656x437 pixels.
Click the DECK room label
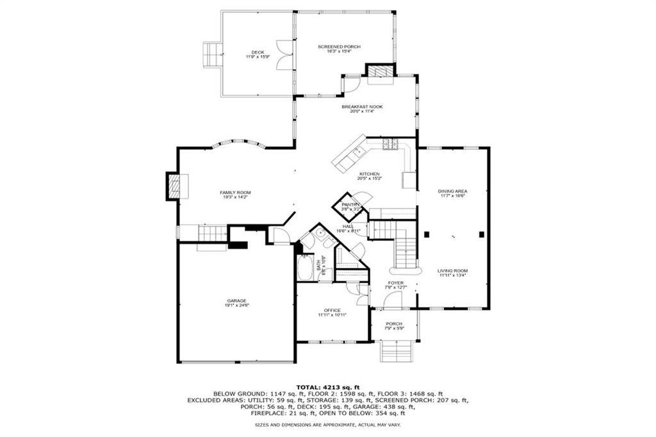coord(258,53)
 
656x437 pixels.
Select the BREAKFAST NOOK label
coord(362,106)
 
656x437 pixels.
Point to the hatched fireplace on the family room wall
coord(174,186)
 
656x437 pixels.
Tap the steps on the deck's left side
coord(211,54)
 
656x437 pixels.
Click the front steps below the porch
coord(395,352)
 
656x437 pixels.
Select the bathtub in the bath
coord(305,267)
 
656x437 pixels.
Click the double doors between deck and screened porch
coord(284,54)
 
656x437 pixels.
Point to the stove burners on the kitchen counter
coord(390,145)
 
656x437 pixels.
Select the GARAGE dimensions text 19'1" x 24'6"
coord(236,306)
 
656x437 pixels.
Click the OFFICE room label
coord(332,310)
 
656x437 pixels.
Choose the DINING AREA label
coord(452,191)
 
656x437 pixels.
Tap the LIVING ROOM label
coord(452,270)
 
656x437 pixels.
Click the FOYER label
coord(395,283)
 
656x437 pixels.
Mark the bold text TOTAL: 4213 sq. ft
coord(327,387)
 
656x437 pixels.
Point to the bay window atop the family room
coord(238,144)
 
